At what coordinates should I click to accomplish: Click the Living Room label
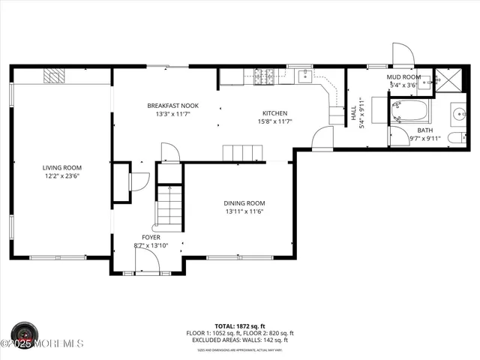click(x=61, y=167)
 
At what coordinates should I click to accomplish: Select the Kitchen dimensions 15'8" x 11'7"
click(x=274, y=121)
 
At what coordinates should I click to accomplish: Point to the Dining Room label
click(x=244, y=203)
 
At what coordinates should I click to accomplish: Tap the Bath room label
click(x=425, y=130)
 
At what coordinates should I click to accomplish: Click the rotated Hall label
click(x=353, y=112)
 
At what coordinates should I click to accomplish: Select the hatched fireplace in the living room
click(x=53, y=75)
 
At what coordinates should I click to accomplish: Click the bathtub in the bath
click(x=409, y=114)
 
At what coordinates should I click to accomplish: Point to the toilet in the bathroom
click(x=454, y=138)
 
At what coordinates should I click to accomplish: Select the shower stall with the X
click(x=451, y=81)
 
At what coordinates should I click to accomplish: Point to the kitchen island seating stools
click(x=244, y=153)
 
